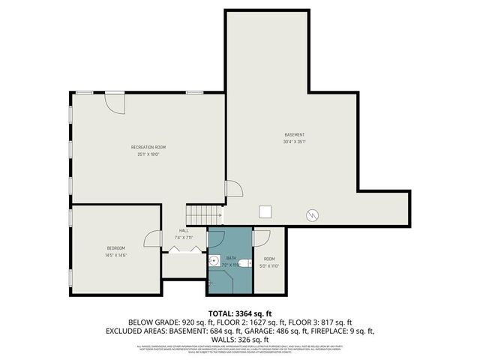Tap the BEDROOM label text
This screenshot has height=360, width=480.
tap(115, 248)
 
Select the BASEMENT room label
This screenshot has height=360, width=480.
tap(294, 135)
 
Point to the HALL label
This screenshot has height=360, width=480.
tap(184, 230)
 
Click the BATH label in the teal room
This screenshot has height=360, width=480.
tap(231, 258)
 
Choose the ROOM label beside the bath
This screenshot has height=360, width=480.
tap(269, 259)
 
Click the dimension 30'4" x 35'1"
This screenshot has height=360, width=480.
tap(294, 142)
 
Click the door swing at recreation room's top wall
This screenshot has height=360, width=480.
tap(115, 101)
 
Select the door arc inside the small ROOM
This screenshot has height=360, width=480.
tap(262, 238)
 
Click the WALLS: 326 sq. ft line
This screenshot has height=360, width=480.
tap(240, 339)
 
